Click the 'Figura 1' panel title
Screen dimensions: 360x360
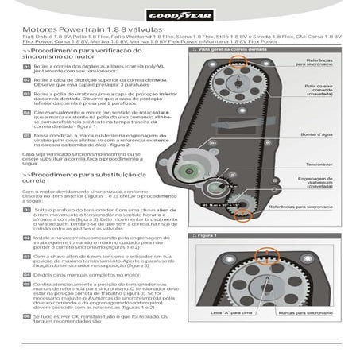(208, 236)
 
